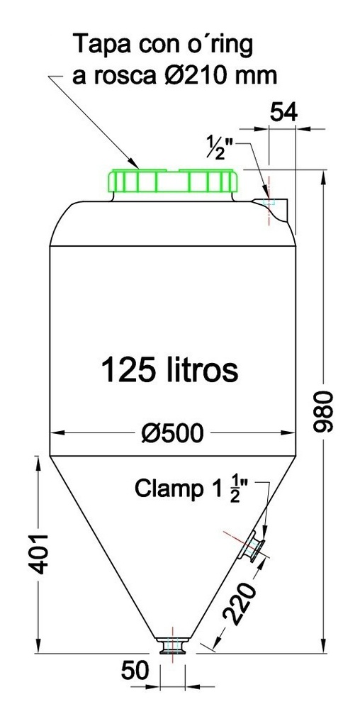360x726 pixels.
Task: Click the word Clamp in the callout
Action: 164,488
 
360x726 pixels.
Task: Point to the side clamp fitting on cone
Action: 252,547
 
